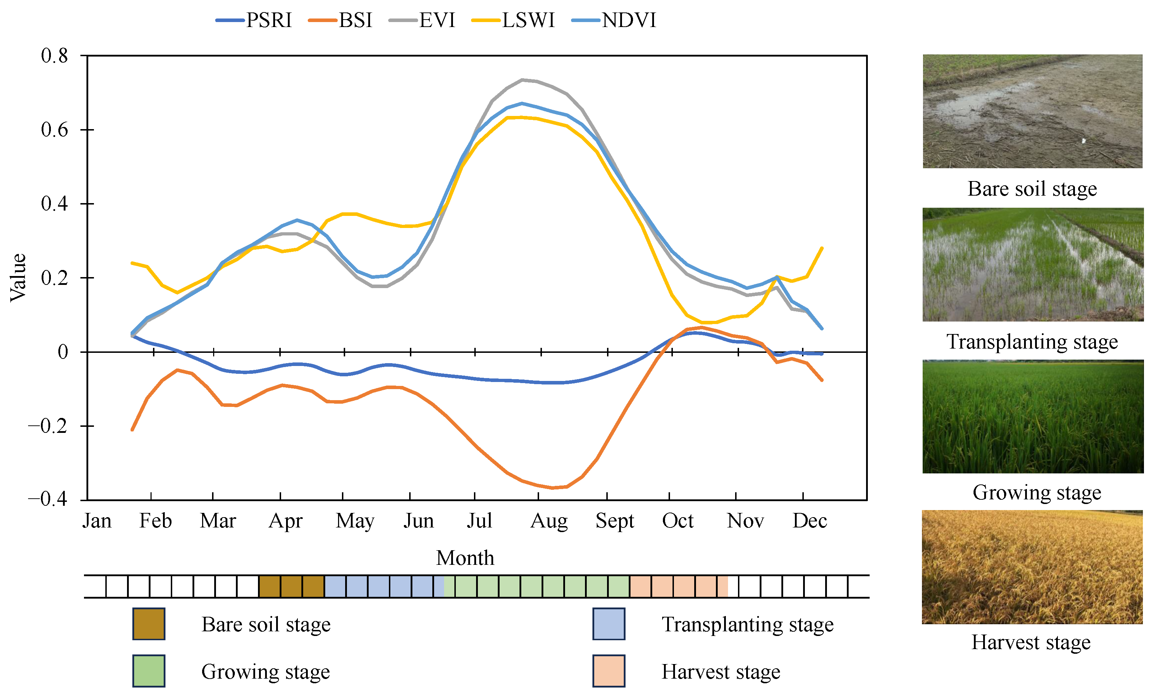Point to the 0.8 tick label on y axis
54,56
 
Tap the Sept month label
614,521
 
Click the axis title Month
465,558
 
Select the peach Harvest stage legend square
608,671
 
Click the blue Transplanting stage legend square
608,624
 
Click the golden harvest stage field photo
1032,567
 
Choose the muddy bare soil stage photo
1032,111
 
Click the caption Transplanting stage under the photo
1032,341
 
